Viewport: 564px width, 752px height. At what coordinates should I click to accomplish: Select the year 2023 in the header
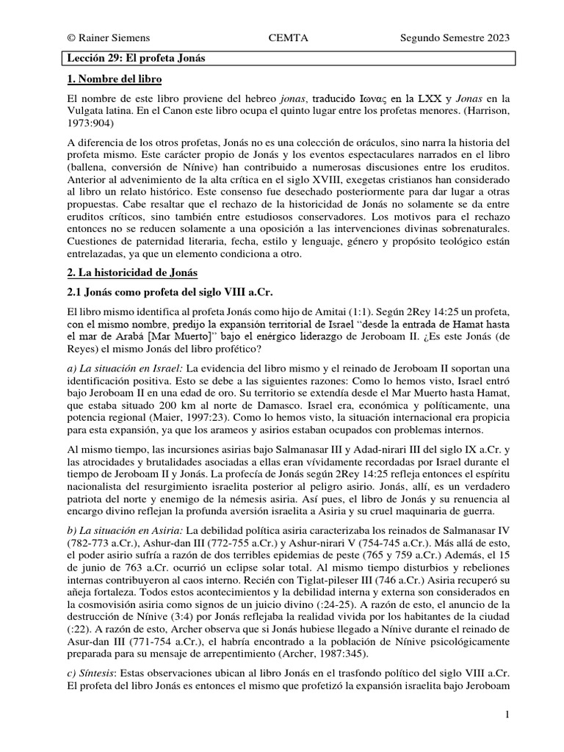(x=495, y=38)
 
